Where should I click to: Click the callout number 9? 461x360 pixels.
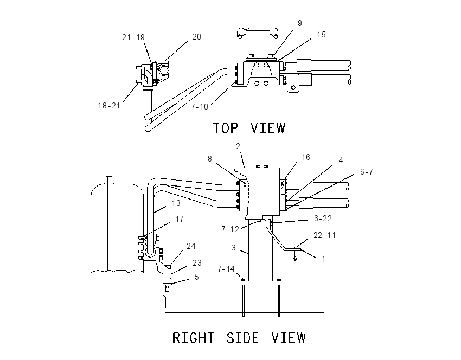(299, 23)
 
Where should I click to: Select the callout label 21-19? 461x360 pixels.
(133, 37)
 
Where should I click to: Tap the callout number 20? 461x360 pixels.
(197, 37)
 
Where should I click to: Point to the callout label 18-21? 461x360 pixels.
(109, 106)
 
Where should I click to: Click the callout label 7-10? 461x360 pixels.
(200, 107)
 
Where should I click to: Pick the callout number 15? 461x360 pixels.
(322, 35)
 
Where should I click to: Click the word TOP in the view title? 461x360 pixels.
(225, 128)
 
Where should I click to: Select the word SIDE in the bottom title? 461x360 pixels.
(242, 337)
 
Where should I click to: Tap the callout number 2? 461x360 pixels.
(238, 146)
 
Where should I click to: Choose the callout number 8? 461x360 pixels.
(210, 159)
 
